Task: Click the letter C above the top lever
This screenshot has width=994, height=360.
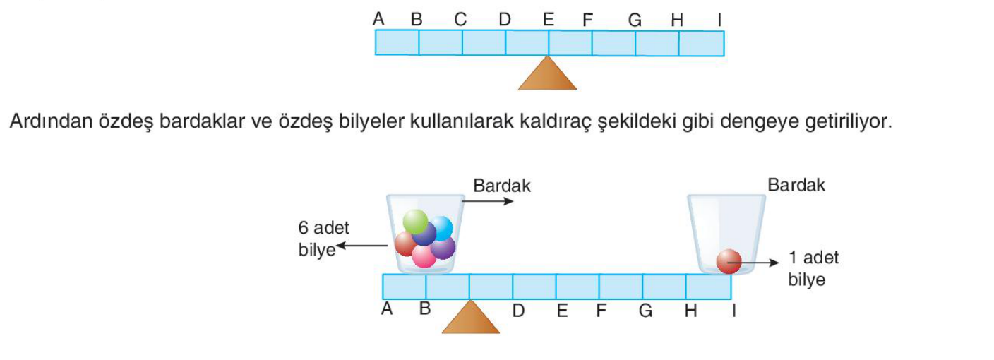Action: coord(460,20)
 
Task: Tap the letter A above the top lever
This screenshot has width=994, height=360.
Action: coord(378,19)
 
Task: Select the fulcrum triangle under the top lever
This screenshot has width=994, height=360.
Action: coord(548,73)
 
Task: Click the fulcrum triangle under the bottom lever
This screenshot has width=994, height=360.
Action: coord(471,317)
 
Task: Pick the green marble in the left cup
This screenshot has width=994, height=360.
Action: coord(415,221)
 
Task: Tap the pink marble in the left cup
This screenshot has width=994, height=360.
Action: coord(424,256)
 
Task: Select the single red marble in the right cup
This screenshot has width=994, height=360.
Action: coord(729,261)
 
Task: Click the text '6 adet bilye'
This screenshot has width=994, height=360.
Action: coord(323,239)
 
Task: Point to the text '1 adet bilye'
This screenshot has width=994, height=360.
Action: coord(813,268)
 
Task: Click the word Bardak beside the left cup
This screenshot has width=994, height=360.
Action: coord(501,186)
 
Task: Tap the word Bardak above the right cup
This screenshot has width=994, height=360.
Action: coord(796,185)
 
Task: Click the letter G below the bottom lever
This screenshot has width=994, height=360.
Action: coord(645,311)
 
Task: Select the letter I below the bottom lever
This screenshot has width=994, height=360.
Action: coord(734,311)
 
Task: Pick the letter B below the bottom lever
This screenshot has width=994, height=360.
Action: coord(425,308)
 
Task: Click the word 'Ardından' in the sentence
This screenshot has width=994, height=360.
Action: coord(51,121)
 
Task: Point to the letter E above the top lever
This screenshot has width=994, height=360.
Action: coord(549,20)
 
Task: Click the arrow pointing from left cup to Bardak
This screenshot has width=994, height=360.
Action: coord(487,201)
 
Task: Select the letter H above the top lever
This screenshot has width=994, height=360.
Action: coord(677,20)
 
